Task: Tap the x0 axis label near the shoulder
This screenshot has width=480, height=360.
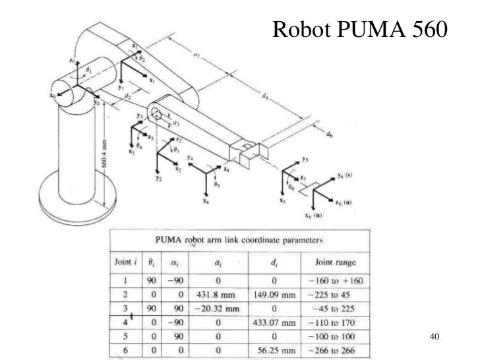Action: pos(52,96)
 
